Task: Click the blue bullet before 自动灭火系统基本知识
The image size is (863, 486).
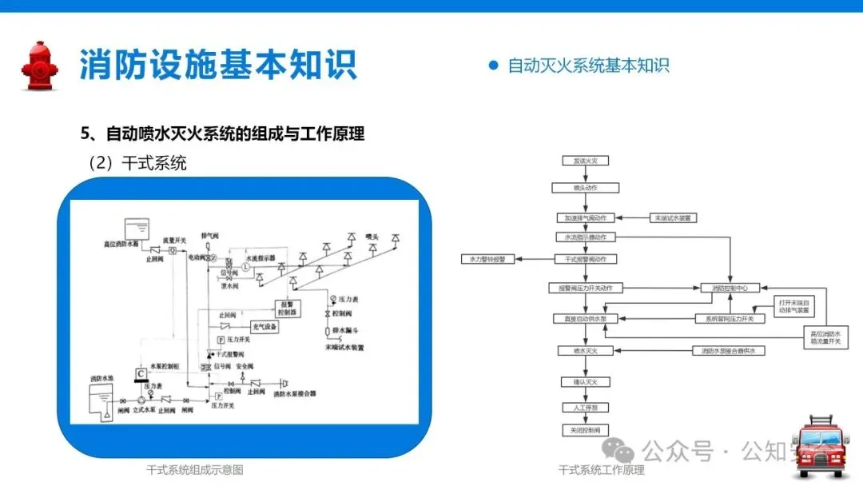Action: [493, 66]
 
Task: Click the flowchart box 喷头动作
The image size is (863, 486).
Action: [586, 188]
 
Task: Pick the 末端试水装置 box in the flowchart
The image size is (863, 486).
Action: [673, 217]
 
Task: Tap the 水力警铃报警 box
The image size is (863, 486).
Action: [488, 259]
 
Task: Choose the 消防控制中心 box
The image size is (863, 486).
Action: [730, 288]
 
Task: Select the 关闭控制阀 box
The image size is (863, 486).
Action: [586, 430]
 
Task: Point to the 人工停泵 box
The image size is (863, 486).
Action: [586, 407]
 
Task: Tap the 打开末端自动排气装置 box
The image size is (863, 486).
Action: [795, 305]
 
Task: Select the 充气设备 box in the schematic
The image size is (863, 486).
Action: [264, 326]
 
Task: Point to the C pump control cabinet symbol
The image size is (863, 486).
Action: [141, 373]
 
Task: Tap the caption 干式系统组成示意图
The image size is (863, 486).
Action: [194, 470]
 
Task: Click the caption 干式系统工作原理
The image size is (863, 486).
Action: [601, 470]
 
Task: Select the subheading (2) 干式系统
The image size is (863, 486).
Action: [137, 163]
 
